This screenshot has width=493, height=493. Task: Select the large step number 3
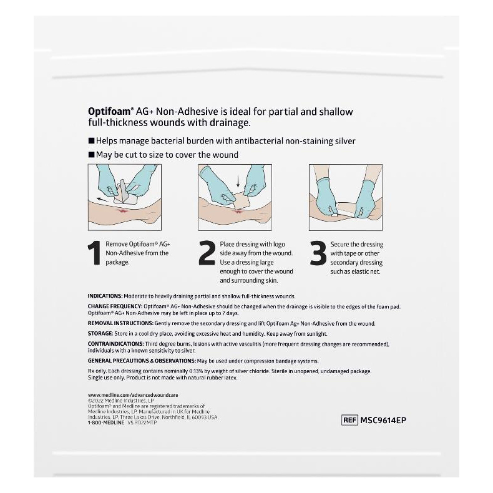click(x=318, y=253)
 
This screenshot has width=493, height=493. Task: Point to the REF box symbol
click(x=350, y=420)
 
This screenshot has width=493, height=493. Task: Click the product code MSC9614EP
click(x=383, y=420)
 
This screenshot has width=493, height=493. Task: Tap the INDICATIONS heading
click(x=105, y=296)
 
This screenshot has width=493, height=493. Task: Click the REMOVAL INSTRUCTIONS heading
click(x=120, y=324)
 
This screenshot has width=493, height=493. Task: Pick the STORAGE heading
click(x=99, y=334)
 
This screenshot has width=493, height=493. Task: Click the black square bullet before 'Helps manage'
click(x=91, y=142)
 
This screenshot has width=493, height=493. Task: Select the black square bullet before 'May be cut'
click(x=91, y=155)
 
